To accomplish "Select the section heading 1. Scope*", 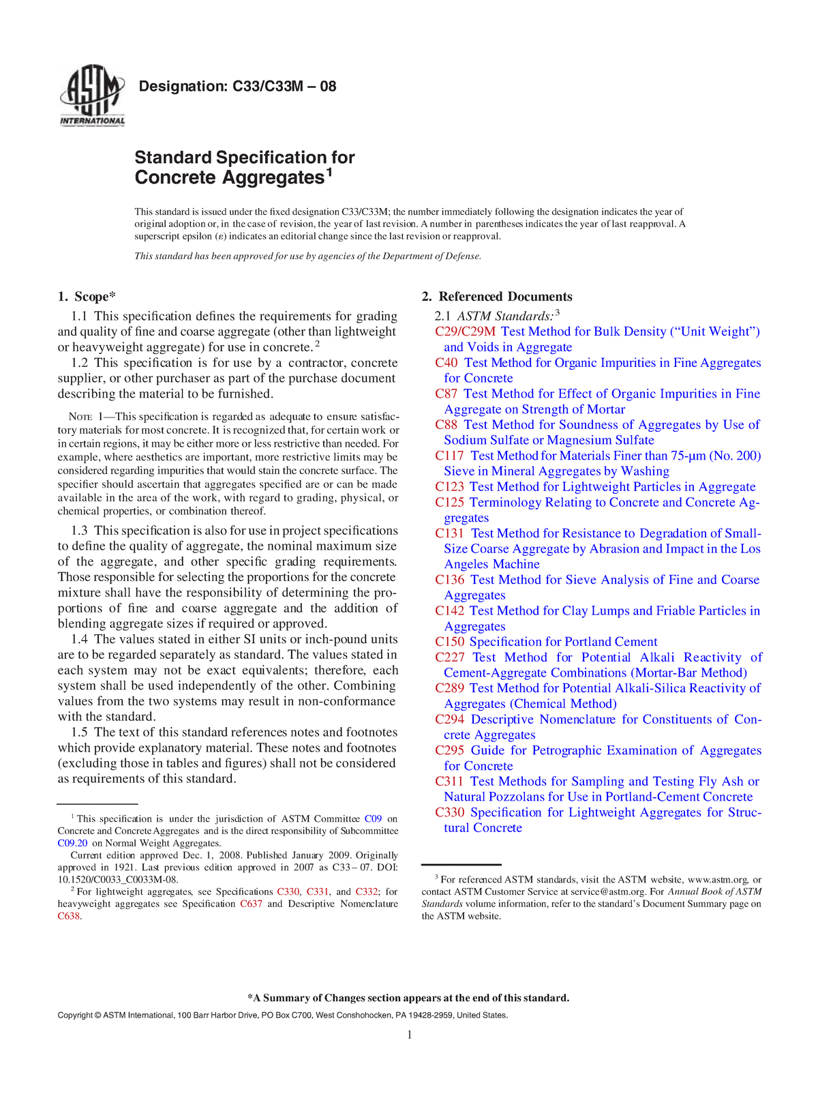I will [x=87, y=297].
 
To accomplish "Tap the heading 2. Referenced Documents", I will [x=497, y=297].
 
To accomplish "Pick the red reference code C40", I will [x=446, y=363].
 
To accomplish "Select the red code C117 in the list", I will [x=449, y=456].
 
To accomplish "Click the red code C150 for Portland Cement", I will [x=449, y=642].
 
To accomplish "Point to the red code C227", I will [x=449, y=657].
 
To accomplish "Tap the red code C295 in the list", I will [x=449, y=750].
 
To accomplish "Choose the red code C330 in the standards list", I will [x=449, y=812].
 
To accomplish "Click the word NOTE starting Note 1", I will [x=80, y=417].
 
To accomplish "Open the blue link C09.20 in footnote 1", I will [x=72, y=843].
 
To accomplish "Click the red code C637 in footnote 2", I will [x=251, y=904].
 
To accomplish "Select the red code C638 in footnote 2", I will [x=69, y=916].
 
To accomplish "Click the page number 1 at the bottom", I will [x=409, y=1035].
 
